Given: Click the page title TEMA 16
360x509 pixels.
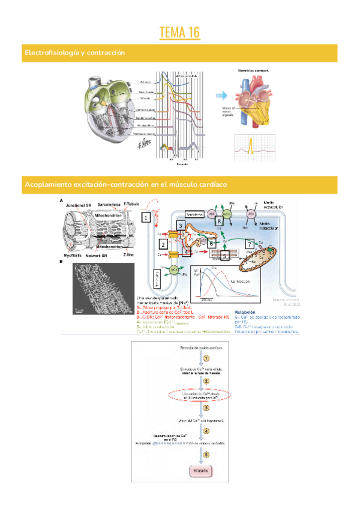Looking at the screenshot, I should pos(180,32).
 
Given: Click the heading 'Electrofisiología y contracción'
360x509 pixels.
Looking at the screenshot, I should pos(74,53).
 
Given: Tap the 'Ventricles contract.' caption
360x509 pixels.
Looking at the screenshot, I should pos(254,71).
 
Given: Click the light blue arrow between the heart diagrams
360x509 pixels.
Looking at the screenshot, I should pos(223,95).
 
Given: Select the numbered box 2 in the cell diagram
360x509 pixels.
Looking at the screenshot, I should pos(163,244).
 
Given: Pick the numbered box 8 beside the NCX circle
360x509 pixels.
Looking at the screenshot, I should pos(220,220).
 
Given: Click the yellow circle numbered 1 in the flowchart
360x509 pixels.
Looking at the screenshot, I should pos(206,358).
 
